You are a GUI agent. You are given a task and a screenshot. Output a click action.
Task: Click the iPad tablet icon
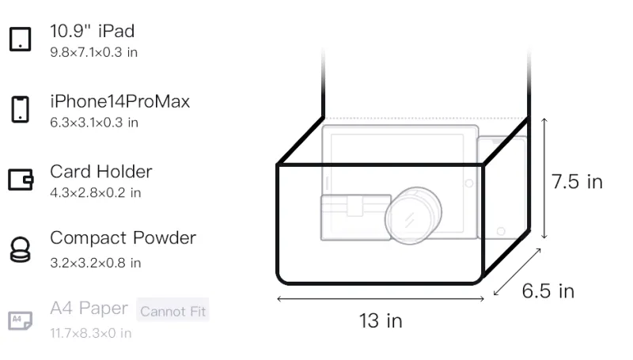click(21, 39)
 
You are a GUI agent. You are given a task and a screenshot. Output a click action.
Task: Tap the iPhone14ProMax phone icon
click(21, 109)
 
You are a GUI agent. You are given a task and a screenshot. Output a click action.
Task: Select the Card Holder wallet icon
click(21, 179)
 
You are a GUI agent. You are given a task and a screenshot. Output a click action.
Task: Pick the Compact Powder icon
click(21, 249)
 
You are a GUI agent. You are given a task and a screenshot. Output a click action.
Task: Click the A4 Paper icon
click(21, 320)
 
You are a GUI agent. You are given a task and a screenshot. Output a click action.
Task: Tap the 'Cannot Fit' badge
click(172, 311)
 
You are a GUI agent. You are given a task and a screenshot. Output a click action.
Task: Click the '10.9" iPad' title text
click(92, 31)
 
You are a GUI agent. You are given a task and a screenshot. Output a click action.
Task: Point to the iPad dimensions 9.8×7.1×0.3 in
click(93, 52)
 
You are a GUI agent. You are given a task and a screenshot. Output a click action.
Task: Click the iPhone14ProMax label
click(120, 101)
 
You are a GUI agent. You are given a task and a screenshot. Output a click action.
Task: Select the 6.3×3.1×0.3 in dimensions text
click(94, 123)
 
